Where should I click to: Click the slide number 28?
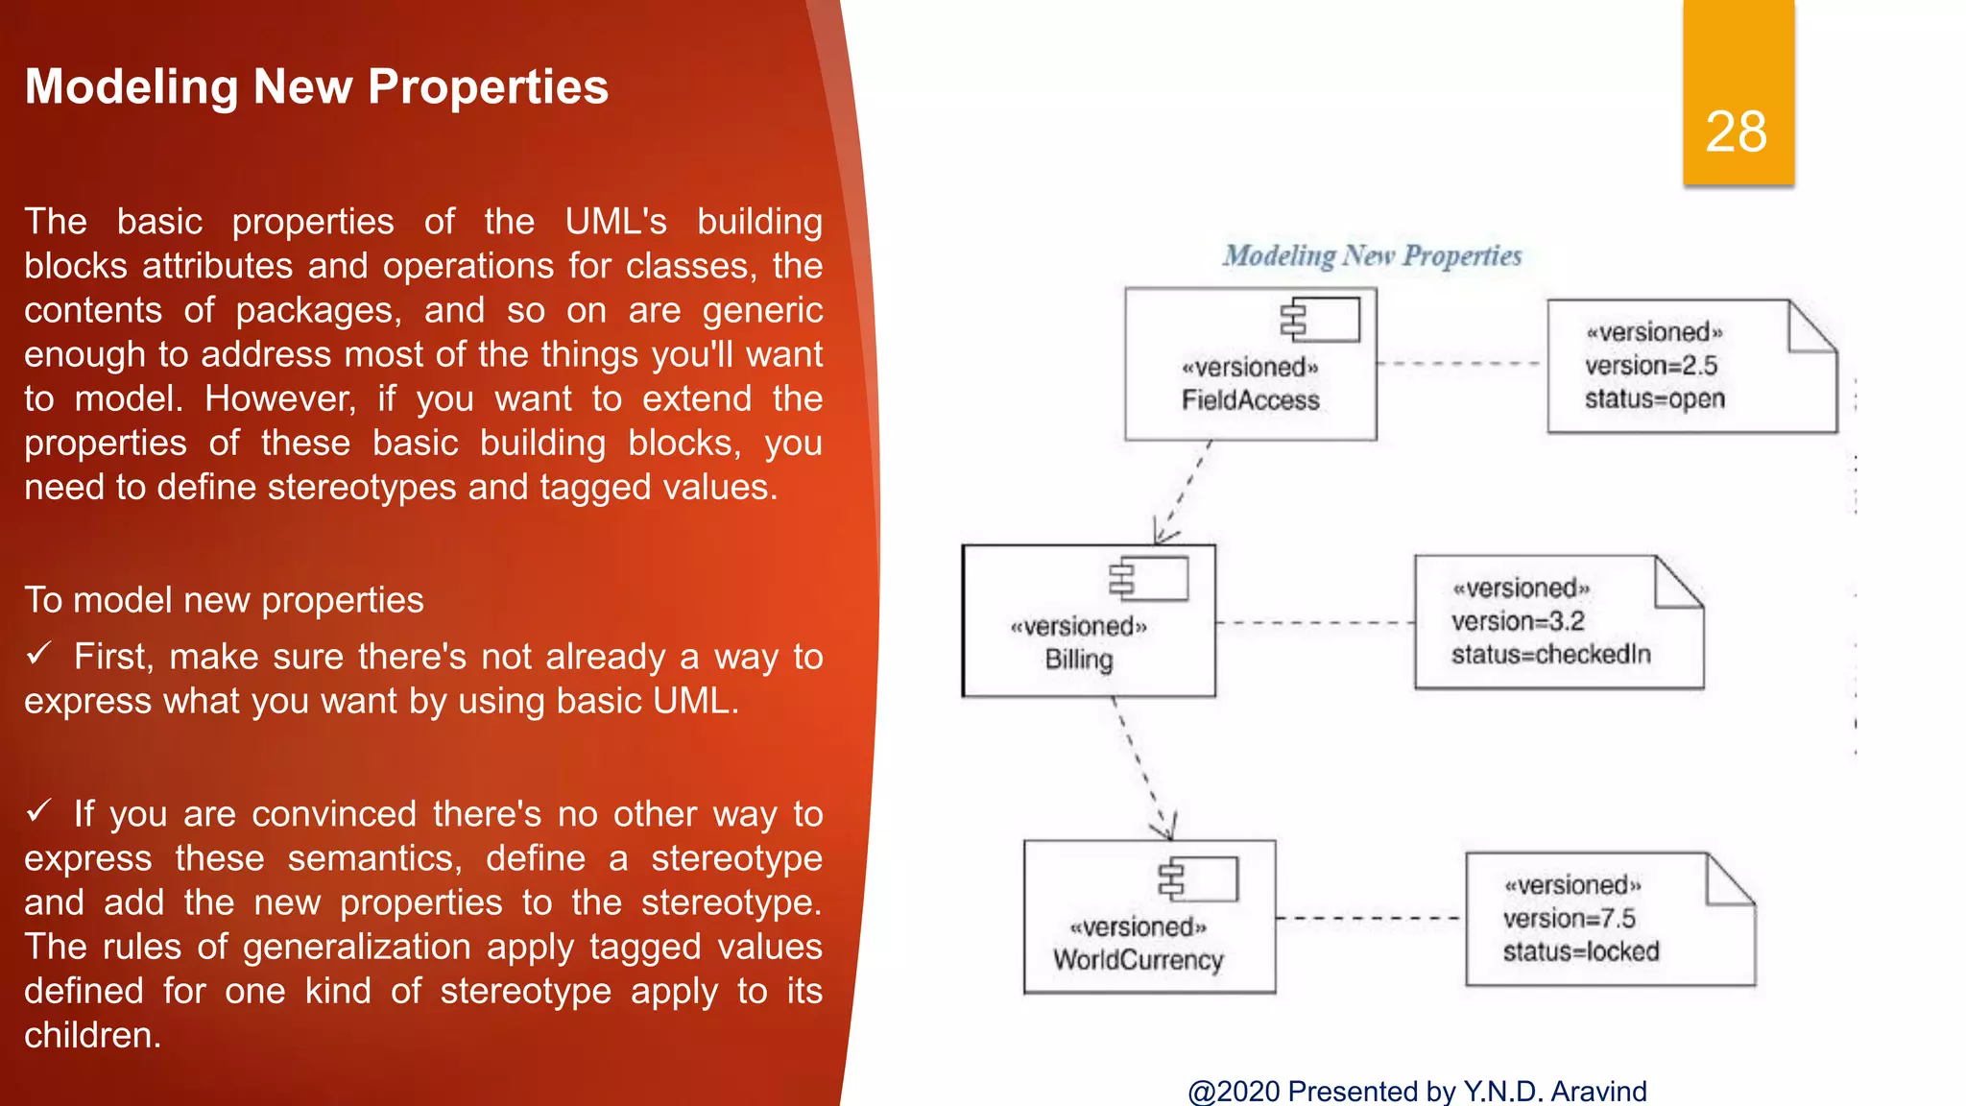click(x=1736, y=132)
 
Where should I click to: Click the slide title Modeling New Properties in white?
click(x=317, y=86)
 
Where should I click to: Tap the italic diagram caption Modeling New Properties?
click(x=1372, y=255)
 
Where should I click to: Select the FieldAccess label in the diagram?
click(x=1250, y=399)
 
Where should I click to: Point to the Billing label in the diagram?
click(x=1079, y=660)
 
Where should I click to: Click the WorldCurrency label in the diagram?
click(x=1138, y=960)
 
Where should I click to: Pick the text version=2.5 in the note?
click(x=1650, y=366)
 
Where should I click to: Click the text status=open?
click(x=1654, y=398)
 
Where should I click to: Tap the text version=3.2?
click(x=1518, y=621)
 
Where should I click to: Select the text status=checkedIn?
click(x=1550, y=655)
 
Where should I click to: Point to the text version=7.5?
click(x=1569, y=919)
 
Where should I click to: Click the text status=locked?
click(x=1580, y=951)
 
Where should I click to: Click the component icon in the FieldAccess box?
click(x=1321, y=320)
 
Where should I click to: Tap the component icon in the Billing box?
click(x=1149, y=579)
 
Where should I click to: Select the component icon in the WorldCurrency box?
click(x=1199, y=878)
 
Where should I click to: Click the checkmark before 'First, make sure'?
click(x=38, y=655)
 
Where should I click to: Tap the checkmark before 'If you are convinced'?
click(x=38, y=812)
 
